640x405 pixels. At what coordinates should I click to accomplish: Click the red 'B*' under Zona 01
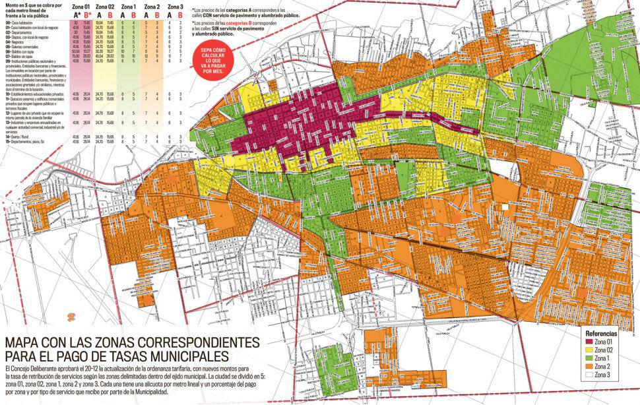88,15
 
